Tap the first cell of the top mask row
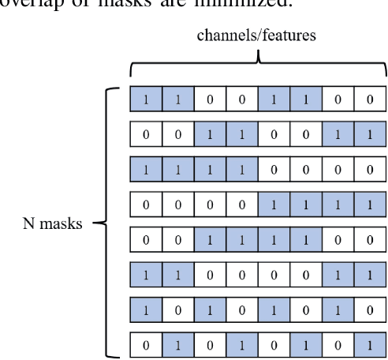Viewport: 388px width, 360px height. coord(146,100)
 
